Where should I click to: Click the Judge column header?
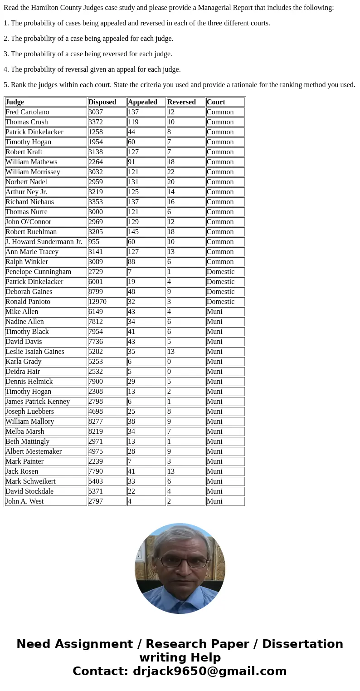point(15,102)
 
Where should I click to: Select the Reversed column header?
point(181,102)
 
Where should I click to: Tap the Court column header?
point(216,102)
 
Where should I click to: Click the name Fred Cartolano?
point(27,112)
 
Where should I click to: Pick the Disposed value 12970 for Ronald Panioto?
point(97,302)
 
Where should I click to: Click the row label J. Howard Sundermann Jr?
point(44,242)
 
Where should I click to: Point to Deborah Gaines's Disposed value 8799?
point(96,292)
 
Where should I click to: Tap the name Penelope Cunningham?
point(38,272)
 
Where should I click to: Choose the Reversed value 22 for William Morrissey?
point(171,172)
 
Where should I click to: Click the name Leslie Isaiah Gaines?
point(35,352)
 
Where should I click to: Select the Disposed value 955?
point(94,242)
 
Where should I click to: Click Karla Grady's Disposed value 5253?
point(96,362)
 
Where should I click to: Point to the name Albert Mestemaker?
point(34,451)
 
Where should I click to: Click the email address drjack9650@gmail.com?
point(209,671)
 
